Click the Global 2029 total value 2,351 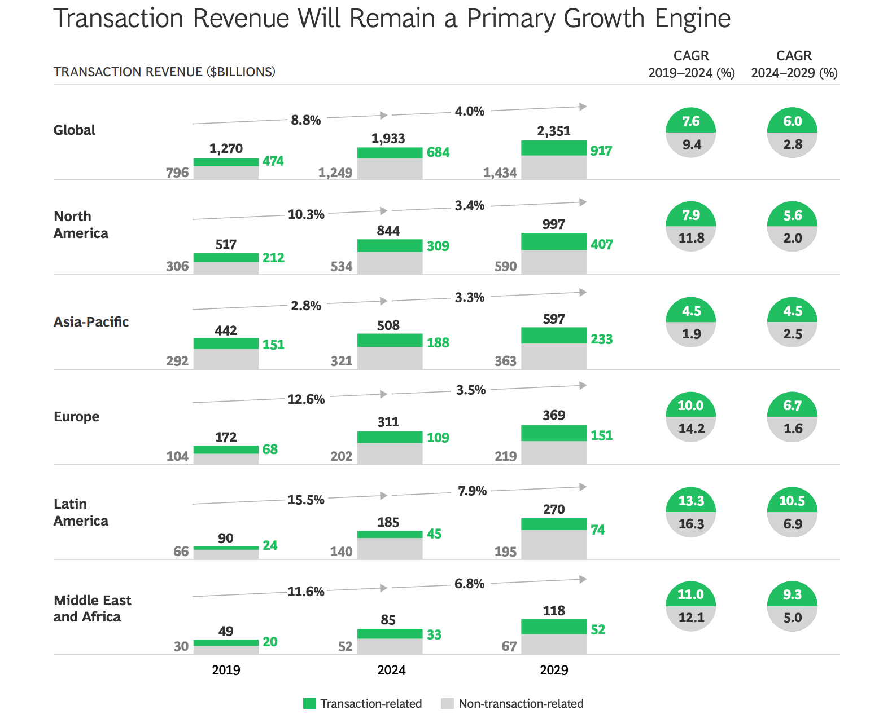click(554, 131)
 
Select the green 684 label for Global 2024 click(438, 152)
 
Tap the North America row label click(81, 224)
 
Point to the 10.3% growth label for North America click(306, 214)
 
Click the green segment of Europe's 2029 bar click(554, 433)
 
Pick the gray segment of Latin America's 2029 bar click(554, 544)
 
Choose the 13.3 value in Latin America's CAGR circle click(690, 501)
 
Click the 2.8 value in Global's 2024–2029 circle click(793, 144)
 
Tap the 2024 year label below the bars click(391, 670)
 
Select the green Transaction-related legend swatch click(309, 704)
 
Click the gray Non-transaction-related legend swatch click(448, 704)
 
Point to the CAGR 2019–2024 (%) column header click(691, 64)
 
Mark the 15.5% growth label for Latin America click(306, 500)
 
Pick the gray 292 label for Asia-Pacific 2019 click(177, 361)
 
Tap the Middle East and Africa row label click(92, 609)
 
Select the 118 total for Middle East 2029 click(554, 611)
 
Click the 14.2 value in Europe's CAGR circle click(691, 429)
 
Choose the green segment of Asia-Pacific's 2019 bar click(226, 343)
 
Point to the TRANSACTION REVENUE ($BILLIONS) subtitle click(164, 72)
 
